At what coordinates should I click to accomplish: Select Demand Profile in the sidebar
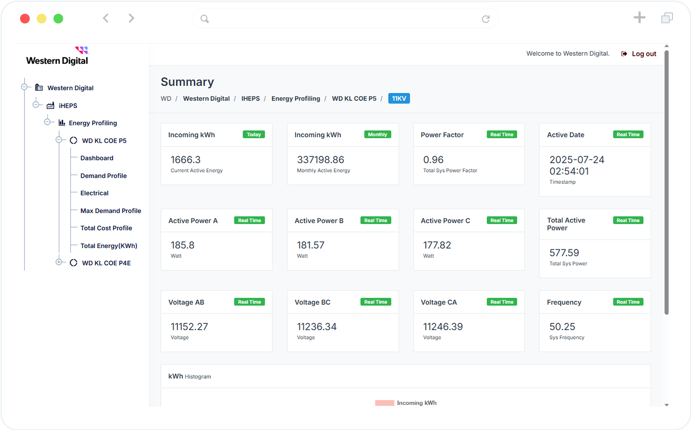tap(103, 176)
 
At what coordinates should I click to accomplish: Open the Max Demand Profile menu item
tap(110, 211)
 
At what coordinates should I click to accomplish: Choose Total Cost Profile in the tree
tap(106, 228)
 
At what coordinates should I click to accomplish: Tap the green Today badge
tap(253, 135)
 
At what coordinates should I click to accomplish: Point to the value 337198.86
tap(320, 160)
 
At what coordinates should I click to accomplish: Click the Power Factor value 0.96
tap(433, 160)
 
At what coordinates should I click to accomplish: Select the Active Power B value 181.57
tap(310, 245)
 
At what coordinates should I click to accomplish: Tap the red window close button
tap(25, 19)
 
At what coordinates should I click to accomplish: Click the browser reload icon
tap(486, 19)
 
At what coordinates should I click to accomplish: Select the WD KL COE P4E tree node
tap(106, 263)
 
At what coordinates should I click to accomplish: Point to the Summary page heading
tap(187, 82)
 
